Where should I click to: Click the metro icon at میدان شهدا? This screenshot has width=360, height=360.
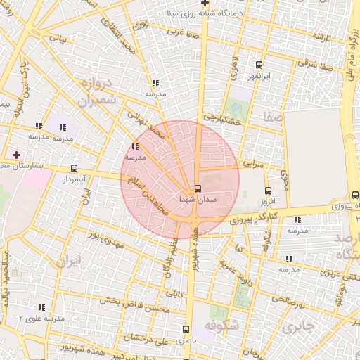coord(198,188)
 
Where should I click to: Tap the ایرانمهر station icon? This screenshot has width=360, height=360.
coord(259,64)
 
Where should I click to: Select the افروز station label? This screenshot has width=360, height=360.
coord(265,201)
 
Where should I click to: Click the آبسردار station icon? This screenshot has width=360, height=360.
coord(75,169)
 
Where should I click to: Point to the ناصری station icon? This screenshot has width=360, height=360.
coord(186,329)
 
